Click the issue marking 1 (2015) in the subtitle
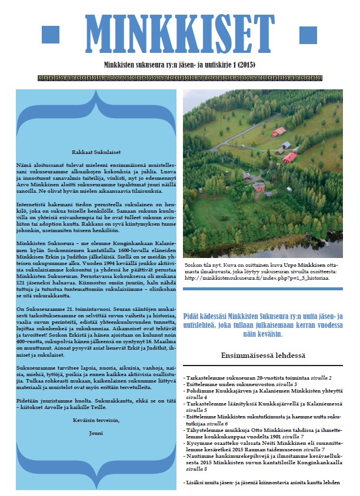tap(242, 64)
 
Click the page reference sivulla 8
tap(195, 470)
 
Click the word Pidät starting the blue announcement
tap(194, 316)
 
